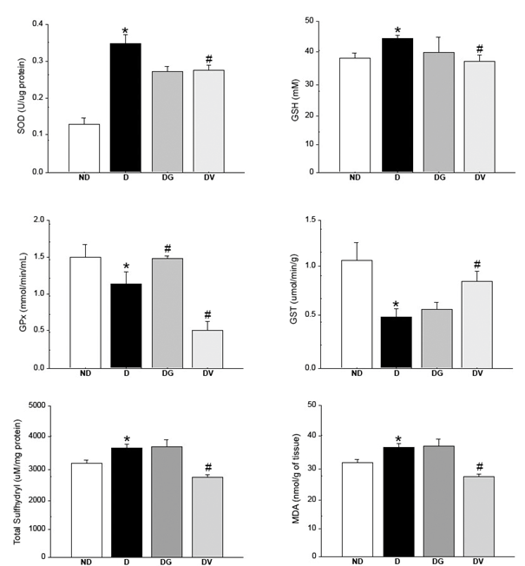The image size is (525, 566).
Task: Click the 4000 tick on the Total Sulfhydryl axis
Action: click(35, 436)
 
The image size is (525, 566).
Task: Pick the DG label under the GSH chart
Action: click(438, 178)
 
